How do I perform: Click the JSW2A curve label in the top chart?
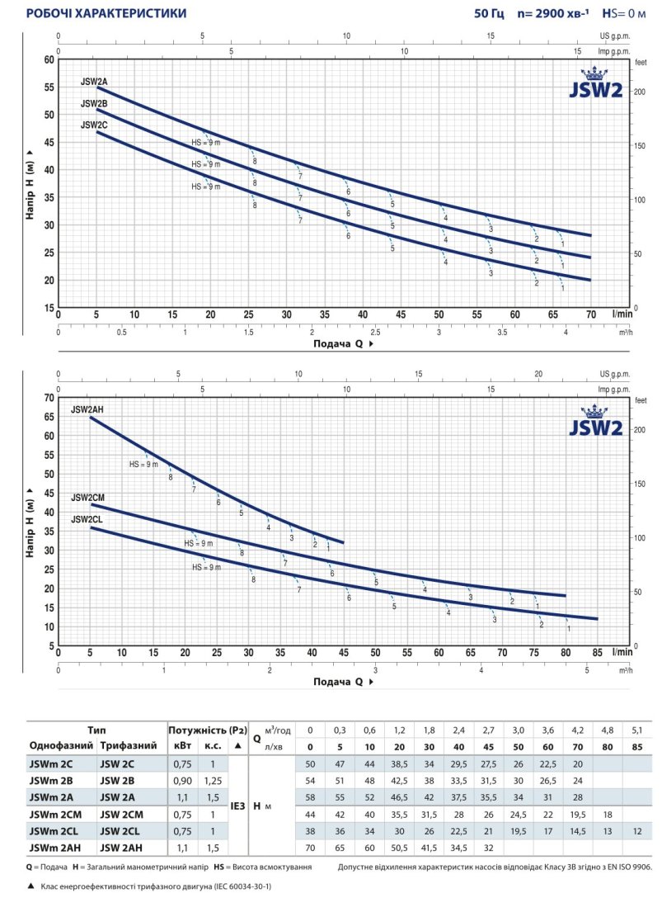point(94,81)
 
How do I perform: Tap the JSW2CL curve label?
point(87,519)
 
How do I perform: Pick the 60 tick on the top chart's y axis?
point(49,59)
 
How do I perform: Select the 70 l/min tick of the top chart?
point(591,314)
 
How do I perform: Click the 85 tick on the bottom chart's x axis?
point(598,653)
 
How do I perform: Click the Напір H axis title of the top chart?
point(30,184)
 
